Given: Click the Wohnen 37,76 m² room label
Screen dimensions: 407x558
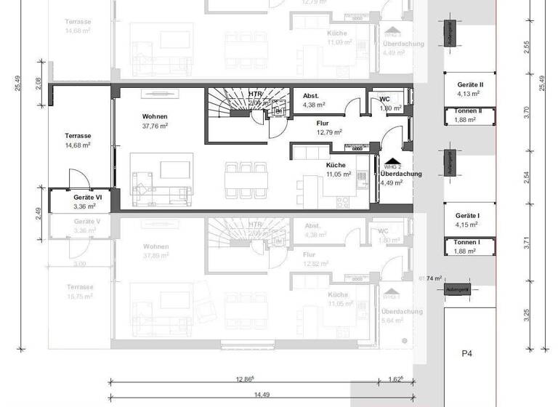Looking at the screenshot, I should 155,121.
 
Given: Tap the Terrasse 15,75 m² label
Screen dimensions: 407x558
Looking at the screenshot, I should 78,291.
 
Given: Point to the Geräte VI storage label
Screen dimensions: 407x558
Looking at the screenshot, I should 86,201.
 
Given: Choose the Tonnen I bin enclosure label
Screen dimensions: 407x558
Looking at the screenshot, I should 468,246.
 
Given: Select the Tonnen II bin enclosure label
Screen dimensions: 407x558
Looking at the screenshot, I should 468,116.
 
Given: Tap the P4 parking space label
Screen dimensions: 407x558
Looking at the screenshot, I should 467,354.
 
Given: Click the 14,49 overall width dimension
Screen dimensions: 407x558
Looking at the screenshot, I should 262,395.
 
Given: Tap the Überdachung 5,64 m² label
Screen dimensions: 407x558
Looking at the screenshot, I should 402,315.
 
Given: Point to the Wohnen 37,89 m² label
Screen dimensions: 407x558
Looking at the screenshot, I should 155,251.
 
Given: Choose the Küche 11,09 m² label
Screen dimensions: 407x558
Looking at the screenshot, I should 337,38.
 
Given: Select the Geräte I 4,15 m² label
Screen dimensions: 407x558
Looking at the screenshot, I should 469,220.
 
